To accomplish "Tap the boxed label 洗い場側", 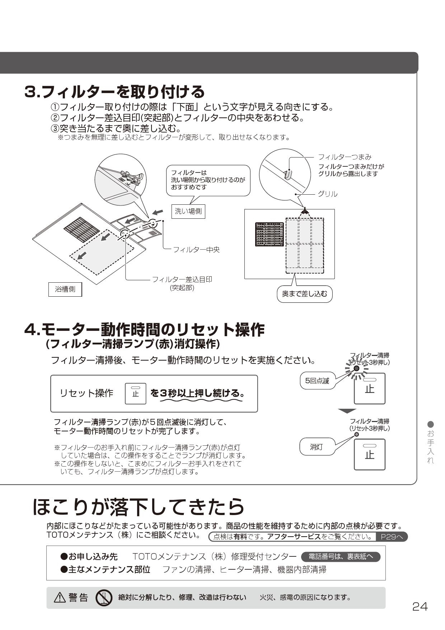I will pyautogui.click(x=188, y=211).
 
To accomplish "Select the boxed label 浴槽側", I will pyautogui.click(x=65, y=289).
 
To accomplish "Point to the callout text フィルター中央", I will pyautogui.click(x=196, y=249).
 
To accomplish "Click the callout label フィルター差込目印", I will pyautogui.click(x=182, y=279).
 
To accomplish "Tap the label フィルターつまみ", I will pyautogui.click(x=345, y=157).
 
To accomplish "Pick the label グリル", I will pyautogui.click(x=327, y=194).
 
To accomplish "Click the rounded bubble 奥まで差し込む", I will pyautogui.click(x=304, y=294).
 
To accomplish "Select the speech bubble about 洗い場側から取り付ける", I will pyautogui.click(x=208, y=180).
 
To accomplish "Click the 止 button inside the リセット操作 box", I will pyautogui.click(x=135, y=394).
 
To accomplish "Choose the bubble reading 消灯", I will pyautogui.click(x=316, y=447).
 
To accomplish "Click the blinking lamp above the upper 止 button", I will pyautogui.click(x=356, y=369).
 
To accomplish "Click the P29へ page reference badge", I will pyautogui.click(x=391, y=537).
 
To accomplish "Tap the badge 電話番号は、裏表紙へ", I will pyautogui.click(x=341, y=557).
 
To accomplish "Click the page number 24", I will pyautogui.click(x=420, y=607).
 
